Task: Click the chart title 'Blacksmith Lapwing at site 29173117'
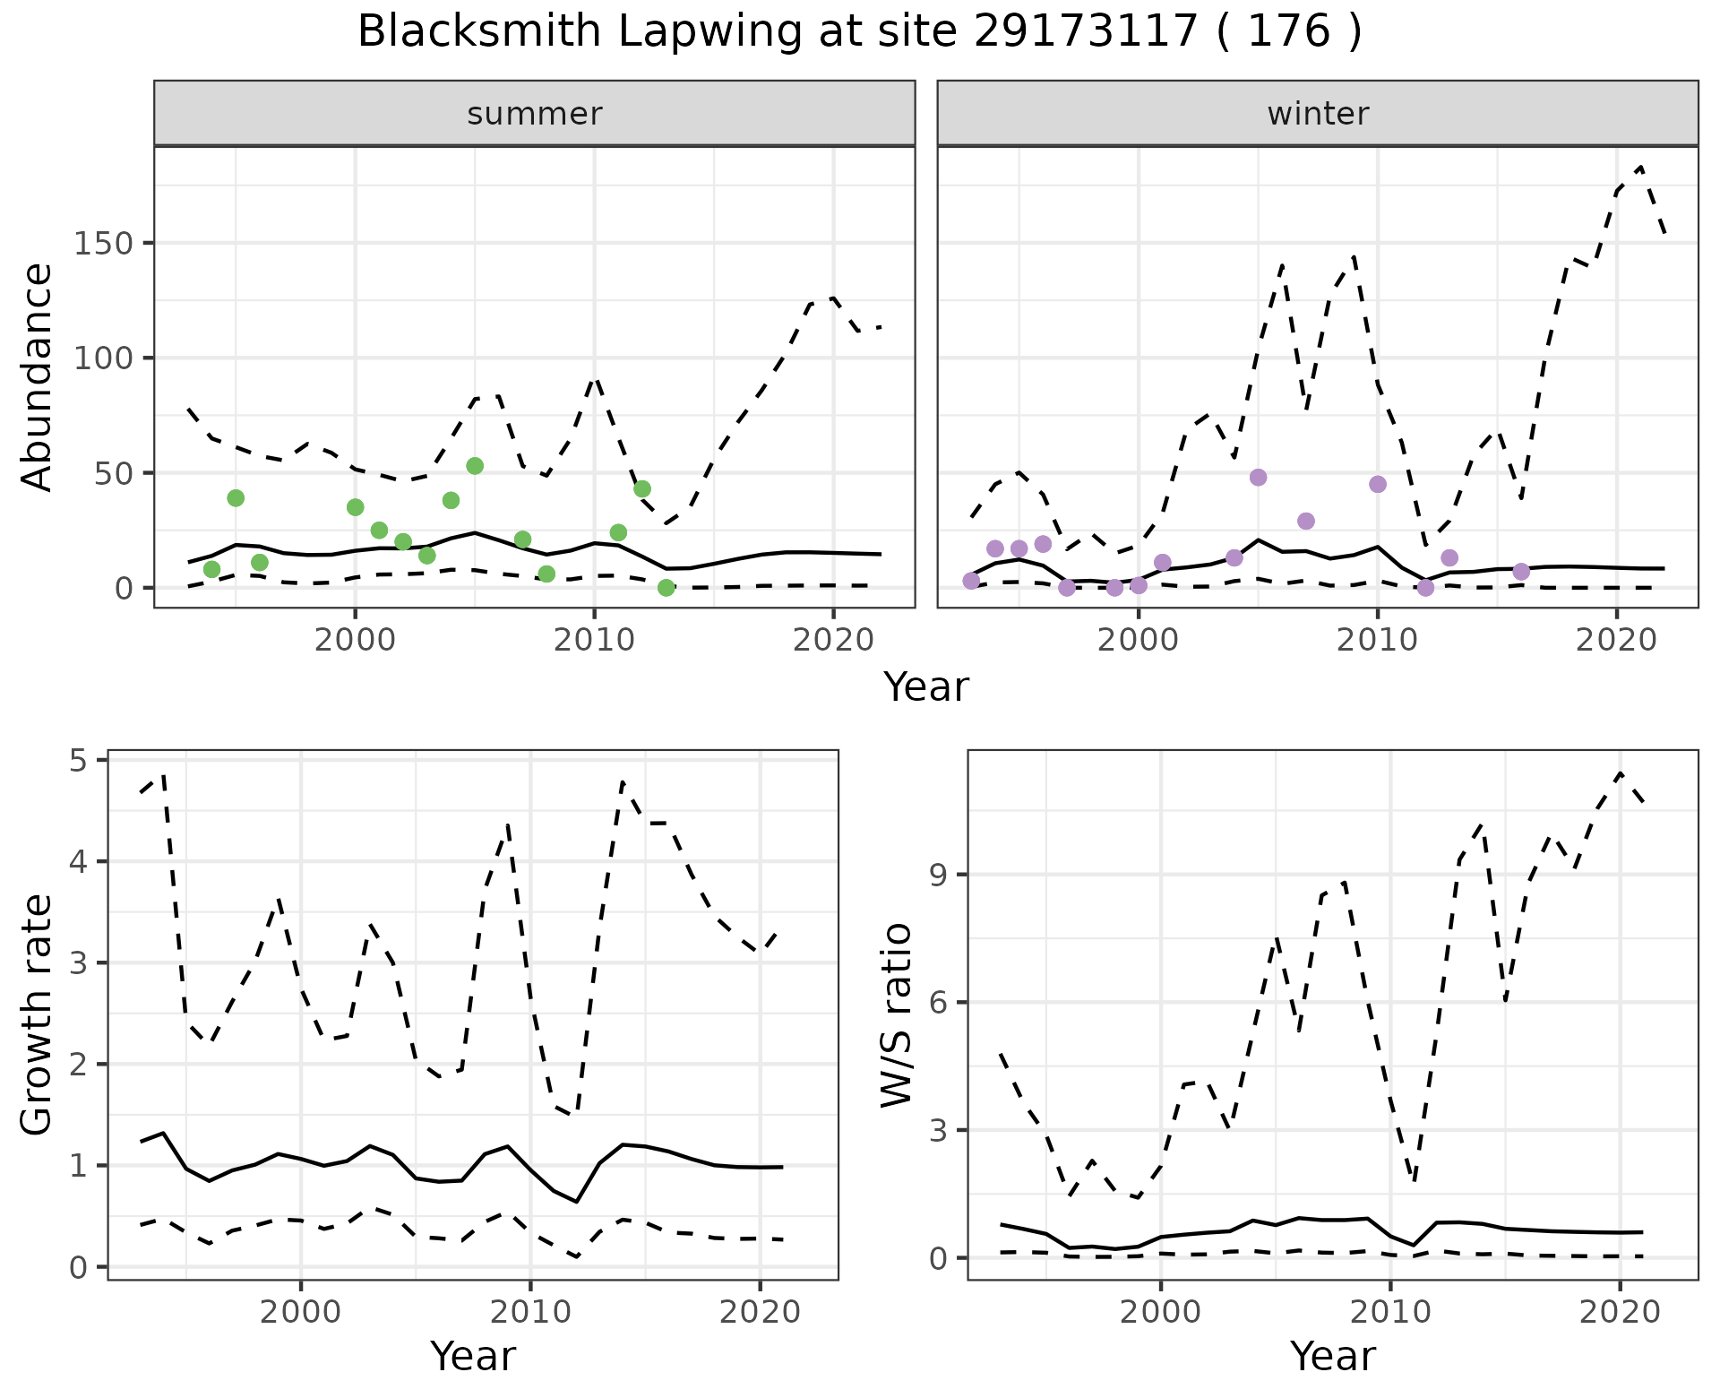tap(859, 32)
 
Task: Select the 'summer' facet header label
tap(534, 114)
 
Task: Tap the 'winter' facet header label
tap(1317, 114)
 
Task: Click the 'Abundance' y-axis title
tap(37, 376)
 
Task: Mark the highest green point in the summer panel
tap(475, 466)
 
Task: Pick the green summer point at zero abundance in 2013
tap(666, 588)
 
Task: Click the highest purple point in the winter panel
tap(1258, 478)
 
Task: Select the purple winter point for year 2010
tap(1378, 485)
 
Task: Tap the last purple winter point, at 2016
tap(1521, 572)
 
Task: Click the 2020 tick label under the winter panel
tap(1616, 641)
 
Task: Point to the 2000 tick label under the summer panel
tap(355, 641)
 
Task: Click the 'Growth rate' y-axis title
tap(37, 1014)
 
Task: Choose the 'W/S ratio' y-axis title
tap(897, 1014)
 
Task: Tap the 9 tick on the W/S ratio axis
tap(938, 875)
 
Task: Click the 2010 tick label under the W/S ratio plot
tap(1389, 1313)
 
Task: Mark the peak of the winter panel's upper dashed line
tap(1640, 167)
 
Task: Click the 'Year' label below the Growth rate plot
tap(473, 1357)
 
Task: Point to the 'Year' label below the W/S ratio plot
tap(1332, 1357)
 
